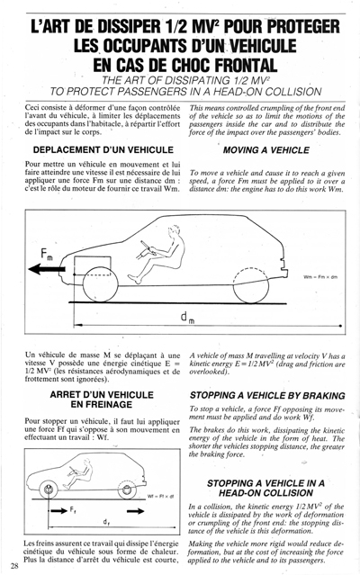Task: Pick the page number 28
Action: click(12, 565)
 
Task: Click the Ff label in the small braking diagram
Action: click(49, 508)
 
